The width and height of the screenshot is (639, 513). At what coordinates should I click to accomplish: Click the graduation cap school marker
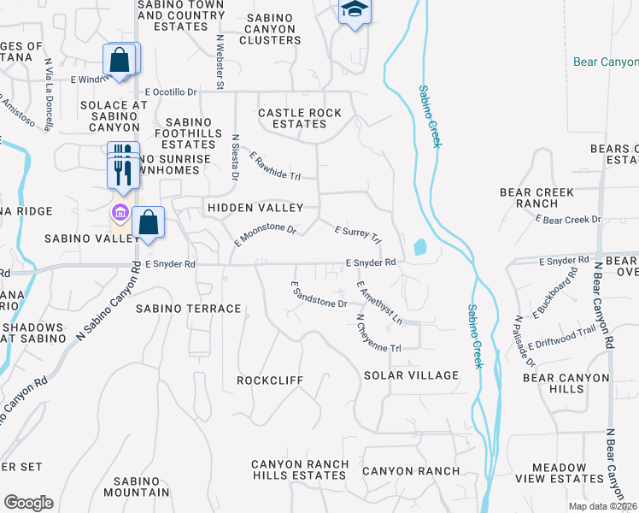coord(355,12)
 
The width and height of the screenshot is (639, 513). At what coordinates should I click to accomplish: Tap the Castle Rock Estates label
coord(300,118)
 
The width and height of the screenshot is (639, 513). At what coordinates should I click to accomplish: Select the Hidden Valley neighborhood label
coord(255,208)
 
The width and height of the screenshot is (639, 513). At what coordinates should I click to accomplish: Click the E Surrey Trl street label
coord(358,234)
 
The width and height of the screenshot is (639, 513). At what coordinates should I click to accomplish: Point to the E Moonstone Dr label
coord(265,236)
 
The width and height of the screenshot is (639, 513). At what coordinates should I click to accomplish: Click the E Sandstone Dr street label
coord(319,294)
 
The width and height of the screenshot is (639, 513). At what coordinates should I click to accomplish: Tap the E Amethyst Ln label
coord(379,303)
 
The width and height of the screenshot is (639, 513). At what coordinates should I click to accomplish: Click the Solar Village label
coord(411,375)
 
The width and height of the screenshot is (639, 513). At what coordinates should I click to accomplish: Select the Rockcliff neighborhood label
coord(270,379)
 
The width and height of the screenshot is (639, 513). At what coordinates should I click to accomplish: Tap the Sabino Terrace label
coord(188,308)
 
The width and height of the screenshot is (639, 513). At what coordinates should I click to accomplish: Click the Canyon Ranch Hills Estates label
coord(299,469)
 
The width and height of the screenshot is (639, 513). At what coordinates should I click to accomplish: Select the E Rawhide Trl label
coord(276,166)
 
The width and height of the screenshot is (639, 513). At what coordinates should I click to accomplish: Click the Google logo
coord(28,502)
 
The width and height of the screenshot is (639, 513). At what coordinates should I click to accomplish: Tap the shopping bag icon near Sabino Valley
coord(148,222)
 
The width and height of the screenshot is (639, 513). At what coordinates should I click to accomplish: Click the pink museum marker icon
coord(120,212)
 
